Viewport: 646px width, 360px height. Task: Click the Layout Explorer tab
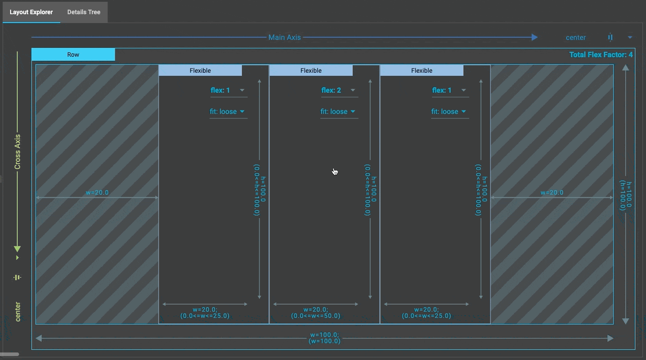click(x=31, y=12)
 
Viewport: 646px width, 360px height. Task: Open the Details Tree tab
click(x=84, y=12)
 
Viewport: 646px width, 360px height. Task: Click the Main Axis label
click(x=284, y=38)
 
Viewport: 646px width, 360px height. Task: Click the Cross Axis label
click(x=18, y=152)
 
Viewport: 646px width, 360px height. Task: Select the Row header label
click(x=73, y=55)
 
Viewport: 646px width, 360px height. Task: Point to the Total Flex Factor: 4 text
click(x=600, y=55)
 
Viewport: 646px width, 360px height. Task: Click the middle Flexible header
click(x=311, y=70)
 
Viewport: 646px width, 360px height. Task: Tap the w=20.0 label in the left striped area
click(x=97, y=192)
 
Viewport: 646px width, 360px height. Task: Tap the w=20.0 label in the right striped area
click(x=552, y=192)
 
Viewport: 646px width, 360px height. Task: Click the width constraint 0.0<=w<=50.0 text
click(x=315, y=316)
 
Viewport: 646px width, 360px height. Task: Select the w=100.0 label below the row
click(x=324, y=335)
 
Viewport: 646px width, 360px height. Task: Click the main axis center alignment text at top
click(x=576, y=38)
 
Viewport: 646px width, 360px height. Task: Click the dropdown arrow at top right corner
click(x=630, y=37)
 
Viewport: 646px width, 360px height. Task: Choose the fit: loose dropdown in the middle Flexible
click(x=339, y=112)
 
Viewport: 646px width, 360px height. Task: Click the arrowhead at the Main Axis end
click(x=534, y=37)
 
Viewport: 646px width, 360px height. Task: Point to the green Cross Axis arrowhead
click(x=17, y=249)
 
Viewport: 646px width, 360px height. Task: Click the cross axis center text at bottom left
click(x=18, y=311)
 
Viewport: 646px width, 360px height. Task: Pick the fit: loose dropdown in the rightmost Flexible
click(x=450, y=112)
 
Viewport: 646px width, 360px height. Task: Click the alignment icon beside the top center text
click(x=610, y=37)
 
